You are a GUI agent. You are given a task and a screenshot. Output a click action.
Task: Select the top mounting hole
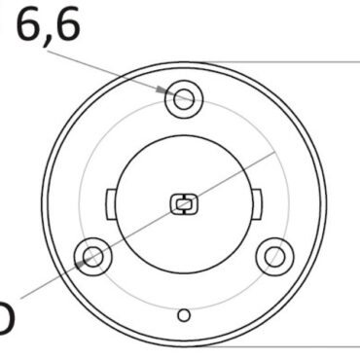click(183, 97)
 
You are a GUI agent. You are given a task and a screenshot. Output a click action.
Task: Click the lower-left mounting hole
click(93, 256)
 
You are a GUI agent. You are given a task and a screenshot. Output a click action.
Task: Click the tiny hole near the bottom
click(183, 313)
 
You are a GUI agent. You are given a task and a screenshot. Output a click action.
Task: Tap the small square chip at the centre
click(183, 204)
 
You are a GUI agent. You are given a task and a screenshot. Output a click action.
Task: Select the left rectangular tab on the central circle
click(109, 204)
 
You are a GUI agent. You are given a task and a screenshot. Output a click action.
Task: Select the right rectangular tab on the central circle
click(257, 204)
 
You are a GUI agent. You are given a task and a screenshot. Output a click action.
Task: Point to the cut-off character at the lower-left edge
click(5, 321)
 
